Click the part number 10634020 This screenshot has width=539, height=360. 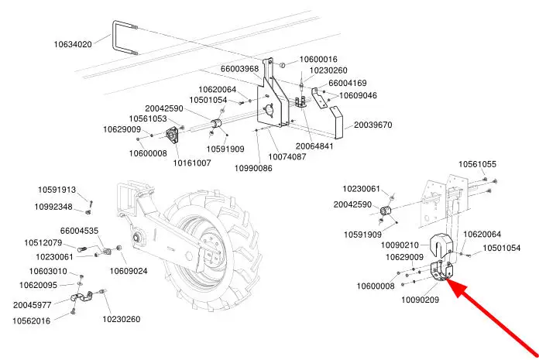tap(73, 44)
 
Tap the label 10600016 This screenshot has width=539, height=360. tap(318, 59)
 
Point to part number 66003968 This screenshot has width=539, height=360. tap(239, 69)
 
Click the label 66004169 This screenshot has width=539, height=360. tap(348, 83)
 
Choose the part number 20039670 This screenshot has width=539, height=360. tap(373, 125)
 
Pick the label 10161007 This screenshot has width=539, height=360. tap(192, 163)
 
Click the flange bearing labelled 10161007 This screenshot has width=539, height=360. tap(171, 134)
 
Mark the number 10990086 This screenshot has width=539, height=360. tap(253, 168)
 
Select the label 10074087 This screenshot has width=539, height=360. tap(287, 156)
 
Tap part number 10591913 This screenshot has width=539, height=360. tap(57, 190)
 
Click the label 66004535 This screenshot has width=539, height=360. tap(79, 231)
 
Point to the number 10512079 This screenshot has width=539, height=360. tap(43, 243)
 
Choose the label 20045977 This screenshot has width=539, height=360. tap(33, 305)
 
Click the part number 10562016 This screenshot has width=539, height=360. tap(31, 321)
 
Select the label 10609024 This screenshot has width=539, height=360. tap(129, 271)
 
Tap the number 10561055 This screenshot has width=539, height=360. tap(478, 164)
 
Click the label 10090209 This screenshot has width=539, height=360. tap(420, 300)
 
